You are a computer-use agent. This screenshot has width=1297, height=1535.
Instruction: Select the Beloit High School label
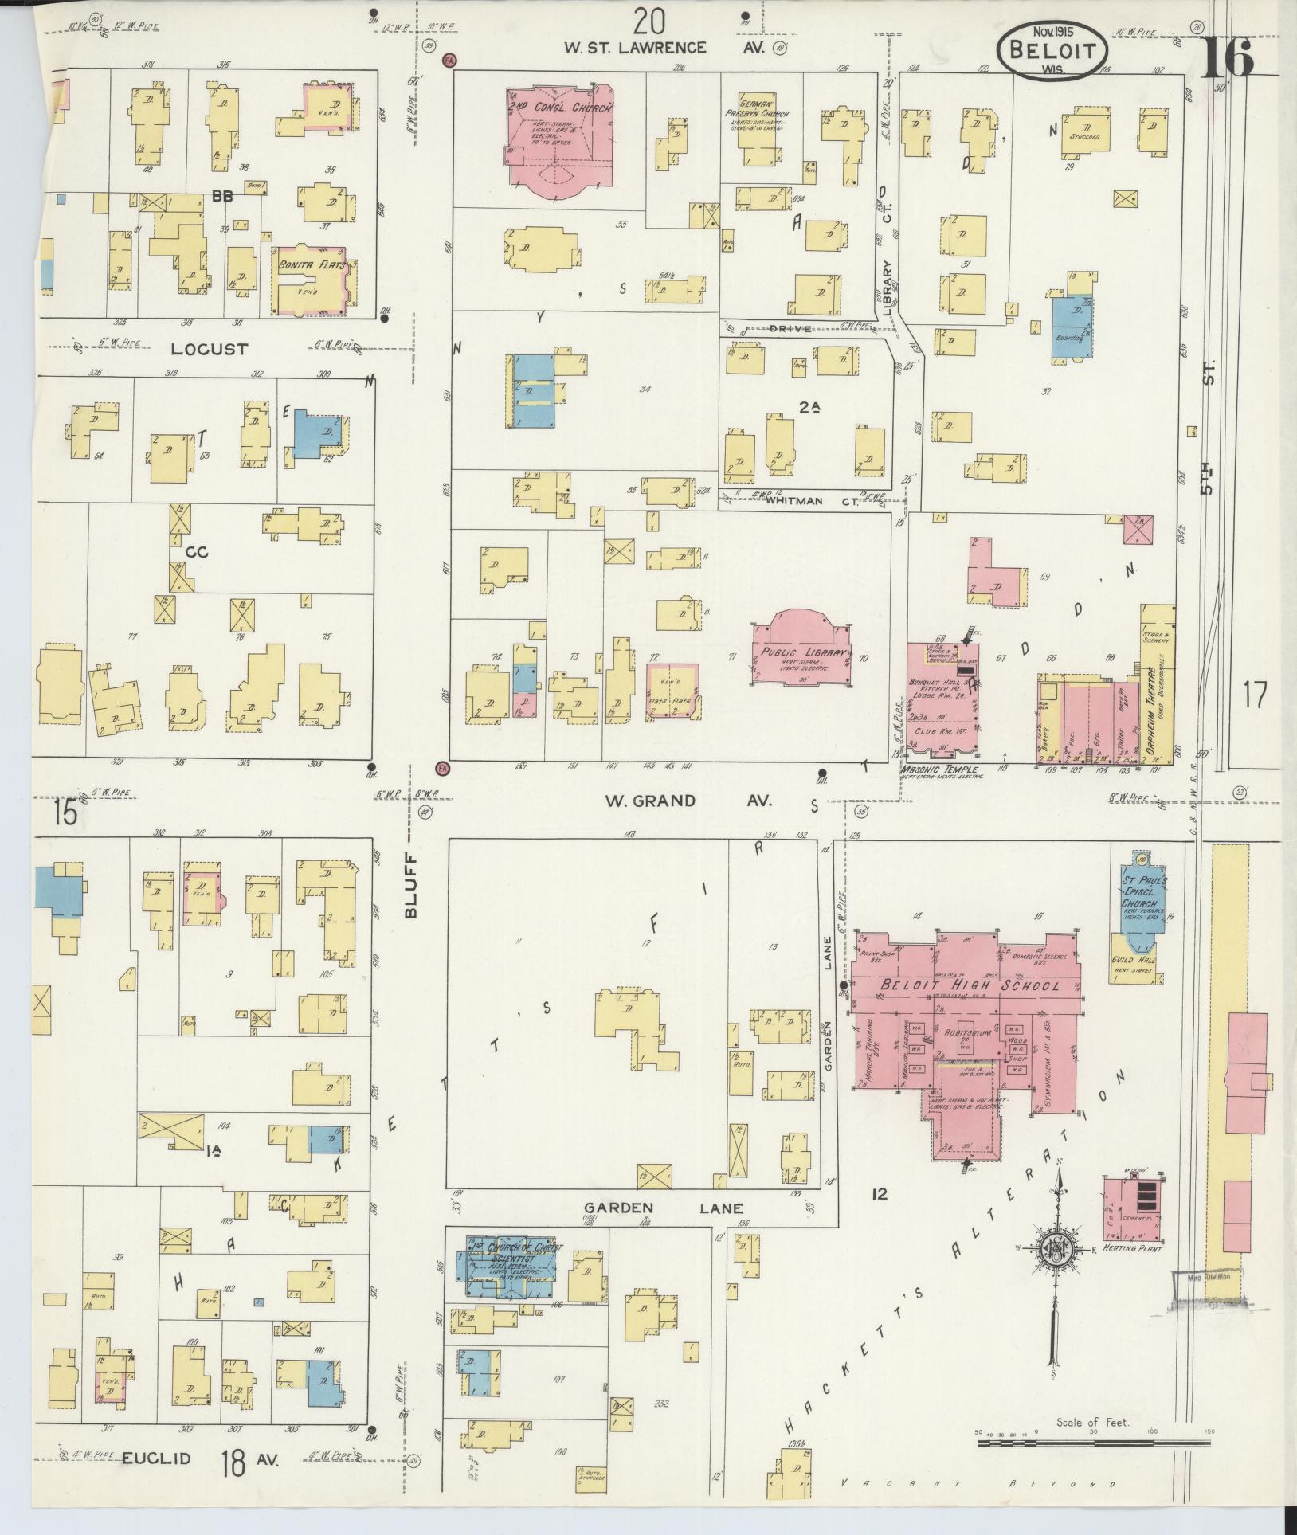coord(970,986)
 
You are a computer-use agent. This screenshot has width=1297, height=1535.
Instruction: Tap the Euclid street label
coord(157,1459)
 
